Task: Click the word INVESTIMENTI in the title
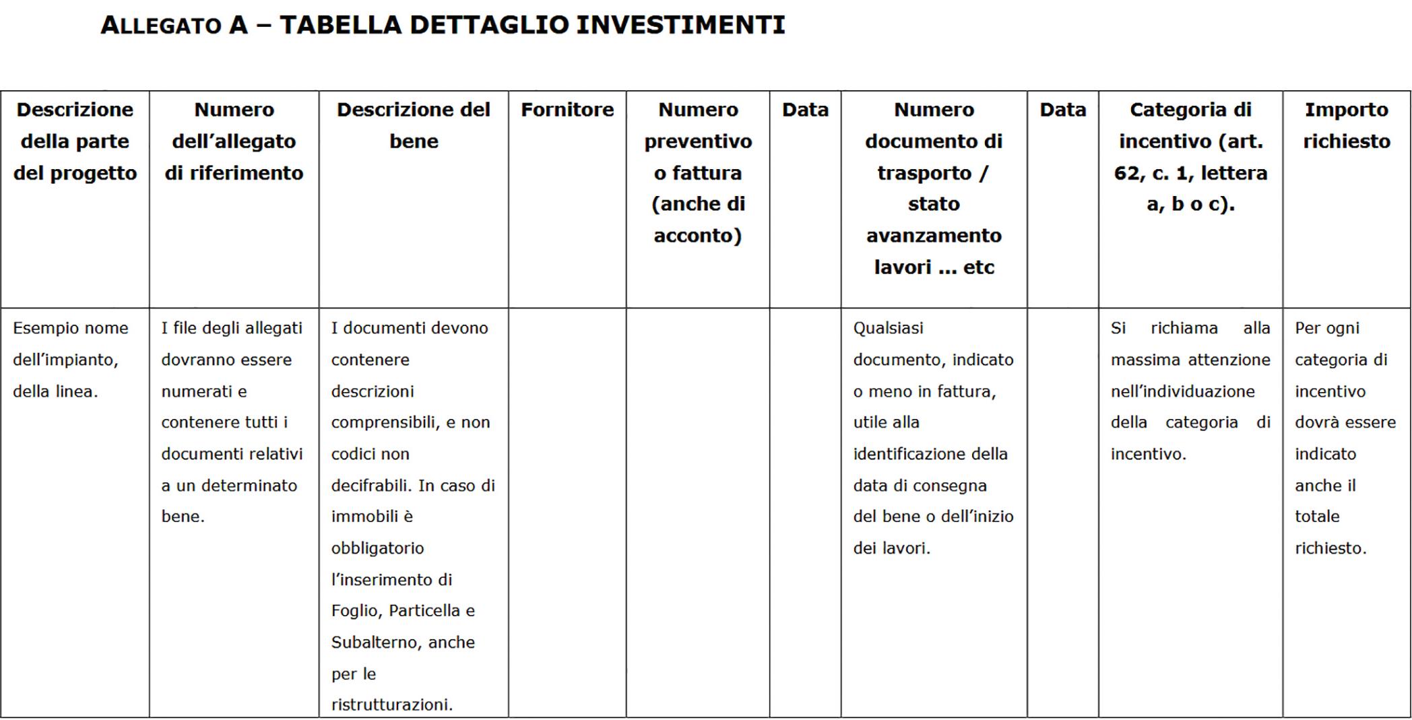pyautogui.click(x=680, y=25)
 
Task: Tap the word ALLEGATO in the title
pyautogui.click(x=161, y=26)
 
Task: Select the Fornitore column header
pyautogui.click(x=567, y=110)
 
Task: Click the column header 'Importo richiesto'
pyautogui.click(x=1346, y=125)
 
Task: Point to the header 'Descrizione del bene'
pyautogui.click(x=414, y=125)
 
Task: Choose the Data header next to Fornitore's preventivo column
pyautogui.click(x=805, y=110)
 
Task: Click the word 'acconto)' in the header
pyautogui.click(x=698, y=236)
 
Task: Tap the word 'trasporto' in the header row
pyautogui.click(x=924, y=173)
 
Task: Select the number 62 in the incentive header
pyautogui.click(x=1126, y=173)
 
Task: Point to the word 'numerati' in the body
pyautogui.click(x=203, y=391)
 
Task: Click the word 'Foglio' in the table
pyautogui.click(x=355, y=611)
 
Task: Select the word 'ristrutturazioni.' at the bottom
pyautogui.click(x=392, y=705)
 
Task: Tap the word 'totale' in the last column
pyautogui.click(x=1317, y=517)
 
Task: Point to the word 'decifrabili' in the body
pyautogui.click(x=371, y=486)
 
